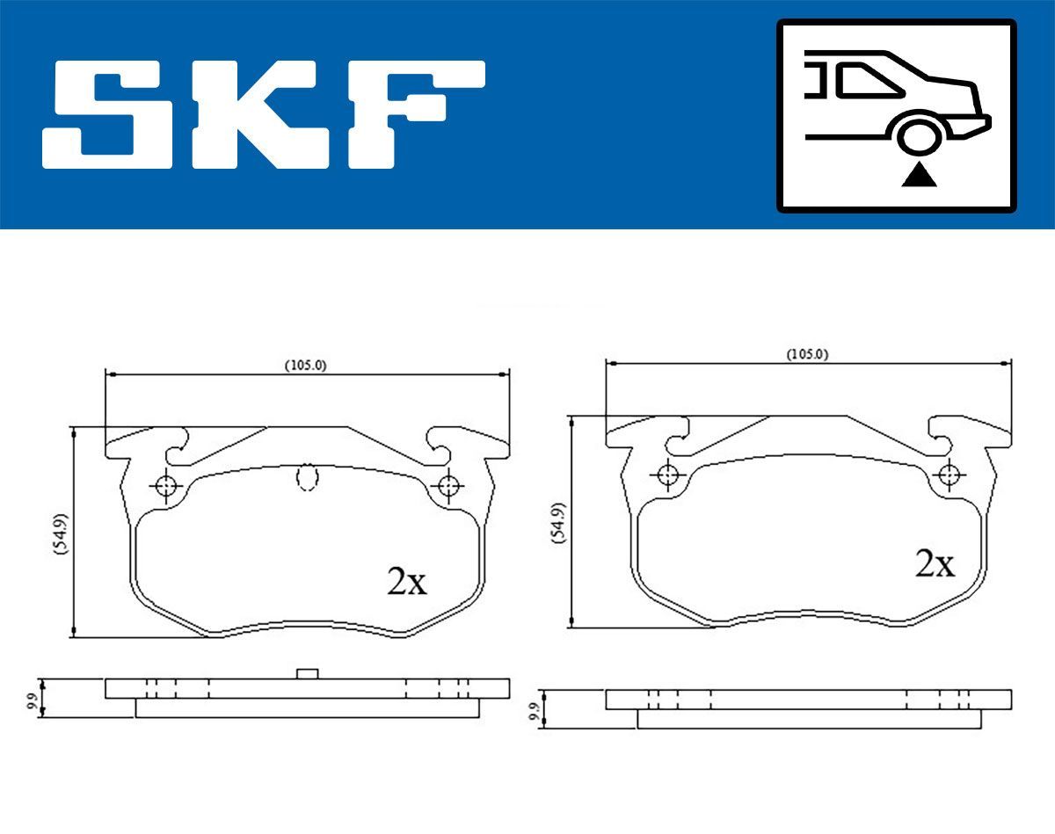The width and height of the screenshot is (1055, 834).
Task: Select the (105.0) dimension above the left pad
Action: click(x=305, y=366)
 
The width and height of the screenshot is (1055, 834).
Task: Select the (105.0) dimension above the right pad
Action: click(x=807, y=354)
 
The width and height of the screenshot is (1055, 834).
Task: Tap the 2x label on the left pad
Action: click(x=406, y=581)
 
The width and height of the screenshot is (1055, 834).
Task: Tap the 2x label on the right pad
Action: click(x=934, y=563)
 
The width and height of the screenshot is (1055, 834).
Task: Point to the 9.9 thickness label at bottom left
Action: click(x=33, y=700)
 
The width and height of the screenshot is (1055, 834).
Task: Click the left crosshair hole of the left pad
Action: click(x=165, y=485)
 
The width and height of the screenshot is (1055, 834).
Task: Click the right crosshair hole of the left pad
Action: click(x=449, y=485)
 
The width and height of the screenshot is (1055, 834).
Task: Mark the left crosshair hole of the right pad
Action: click(x=667, y=475)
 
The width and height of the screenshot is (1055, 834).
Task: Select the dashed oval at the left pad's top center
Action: click(x=307, y=477)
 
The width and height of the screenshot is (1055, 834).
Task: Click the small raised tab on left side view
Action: click(x=307, y=673)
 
